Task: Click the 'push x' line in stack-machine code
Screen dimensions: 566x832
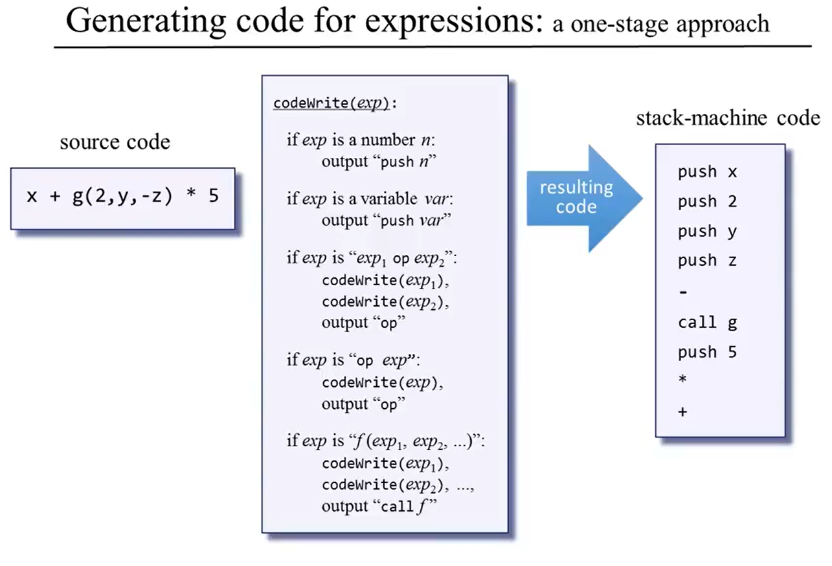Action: click(707, 172)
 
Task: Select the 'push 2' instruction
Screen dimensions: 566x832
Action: click(707, 202)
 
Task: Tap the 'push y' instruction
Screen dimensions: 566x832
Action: click(707, 232)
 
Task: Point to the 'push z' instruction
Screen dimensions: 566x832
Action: click(707, 261)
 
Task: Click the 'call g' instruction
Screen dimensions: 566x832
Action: click(707, 322)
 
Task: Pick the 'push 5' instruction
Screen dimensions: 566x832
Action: click(707, 352)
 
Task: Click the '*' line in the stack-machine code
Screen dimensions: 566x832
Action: click(682, 381)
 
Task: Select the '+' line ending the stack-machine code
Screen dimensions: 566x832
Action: click(682, 411)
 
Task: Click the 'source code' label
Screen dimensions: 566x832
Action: click(115, 142)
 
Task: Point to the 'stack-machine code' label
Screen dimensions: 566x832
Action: click(728, 118)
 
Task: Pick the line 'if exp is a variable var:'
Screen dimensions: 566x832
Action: click(373, 199)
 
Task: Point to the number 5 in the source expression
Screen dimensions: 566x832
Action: click(214, 195)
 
